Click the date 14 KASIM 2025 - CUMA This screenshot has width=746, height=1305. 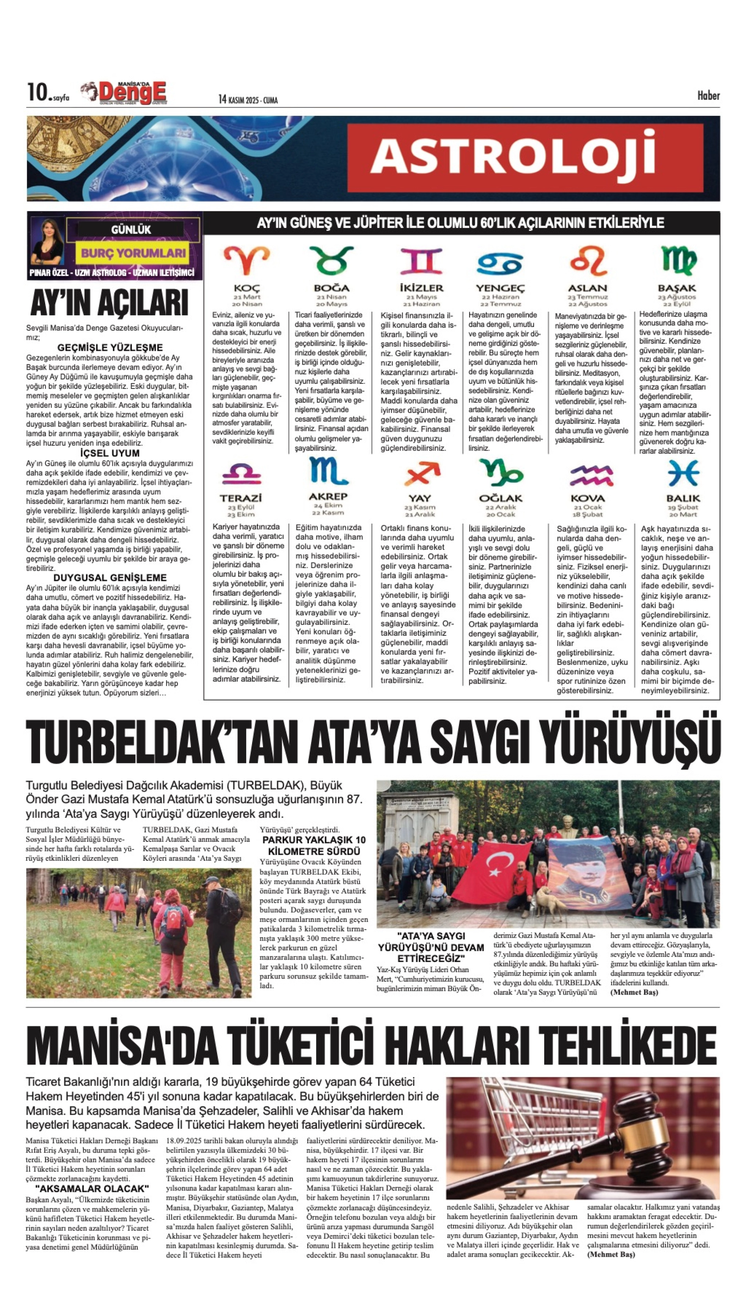point(248,99)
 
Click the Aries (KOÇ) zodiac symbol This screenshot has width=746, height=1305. point(247,260)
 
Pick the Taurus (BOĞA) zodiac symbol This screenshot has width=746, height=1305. point(331,260)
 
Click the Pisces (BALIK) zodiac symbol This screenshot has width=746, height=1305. point(683,472)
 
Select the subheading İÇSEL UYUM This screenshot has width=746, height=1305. point(110,453)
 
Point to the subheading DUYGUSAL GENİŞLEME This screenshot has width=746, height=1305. point(110,578)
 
